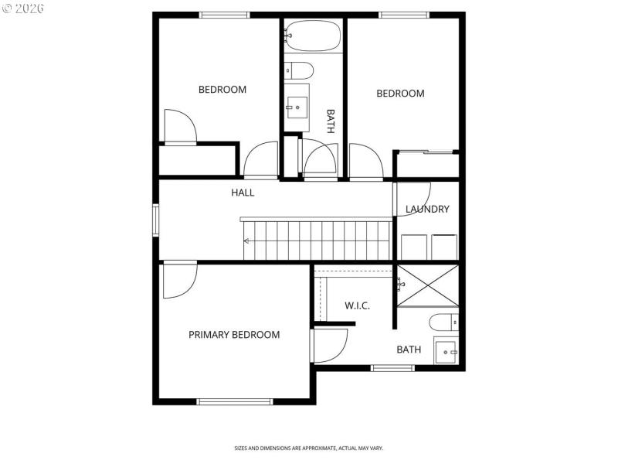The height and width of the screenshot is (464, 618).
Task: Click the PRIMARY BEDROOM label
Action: pos(234,335)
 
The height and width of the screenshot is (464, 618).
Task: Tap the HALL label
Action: pos(243,193)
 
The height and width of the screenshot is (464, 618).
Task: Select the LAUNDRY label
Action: pos(427,209)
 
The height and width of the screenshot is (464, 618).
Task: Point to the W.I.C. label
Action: pos(357,305)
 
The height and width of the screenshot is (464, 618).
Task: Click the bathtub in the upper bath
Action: pos(313,35)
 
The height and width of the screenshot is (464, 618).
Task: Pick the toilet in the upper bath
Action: pos(299,70)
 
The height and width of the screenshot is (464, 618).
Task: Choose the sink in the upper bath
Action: pos(297,107)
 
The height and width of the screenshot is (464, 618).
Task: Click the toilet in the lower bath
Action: pos(444,322)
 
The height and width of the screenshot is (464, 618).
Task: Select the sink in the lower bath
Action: pos(446,352)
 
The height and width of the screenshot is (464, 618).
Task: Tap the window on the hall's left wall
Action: pos(155,219)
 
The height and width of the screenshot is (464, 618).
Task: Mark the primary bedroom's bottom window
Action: pos(235,401)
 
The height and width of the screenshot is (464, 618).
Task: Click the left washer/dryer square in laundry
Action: pos(414,247)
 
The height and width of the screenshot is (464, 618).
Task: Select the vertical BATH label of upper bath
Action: pos(331,121)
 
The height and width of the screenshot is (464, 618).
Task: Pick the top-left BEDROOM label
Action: pos(222,90)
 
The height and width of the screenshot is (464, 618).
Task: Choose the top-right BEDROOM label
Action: pos(400,94)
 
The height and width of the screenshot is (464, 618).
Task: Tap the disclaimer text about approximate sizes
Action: pos(309,448)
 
